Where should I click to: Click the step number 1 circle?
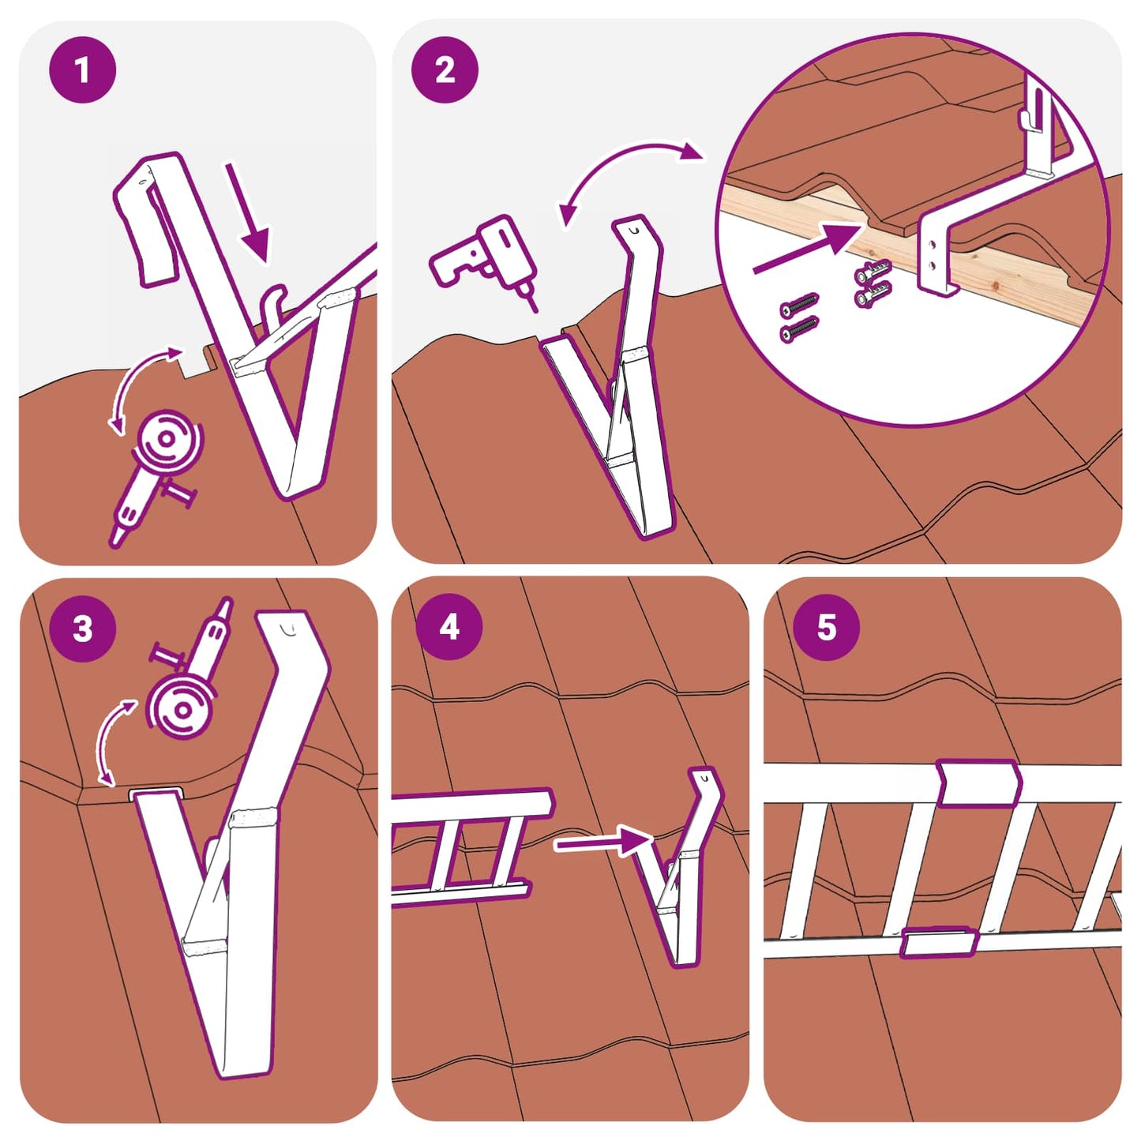click(82, 69)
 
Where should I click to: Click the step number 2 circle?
click(445, 69)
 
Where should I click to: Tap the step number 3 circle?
click(82, 629)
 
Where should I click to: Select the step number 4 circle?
click(449, 627)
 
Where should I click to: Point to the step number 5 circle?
click(826, 627)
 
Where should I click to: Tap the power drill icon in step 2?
click(482, 257)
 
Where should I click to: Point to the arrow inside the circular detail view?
click(805, 249)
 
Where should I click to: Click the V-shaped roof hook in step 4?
click(683, 876)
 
